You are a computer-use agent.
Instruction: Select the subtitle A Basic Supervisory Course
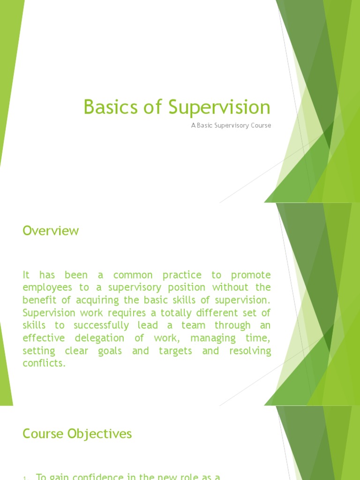[231, 126]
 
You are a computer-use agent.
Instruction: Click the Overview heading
[51, 231]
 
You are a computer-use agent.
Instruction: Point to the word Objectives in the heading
[100, 434]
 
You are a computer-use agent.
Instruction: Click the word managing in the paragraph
[213, 338]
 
